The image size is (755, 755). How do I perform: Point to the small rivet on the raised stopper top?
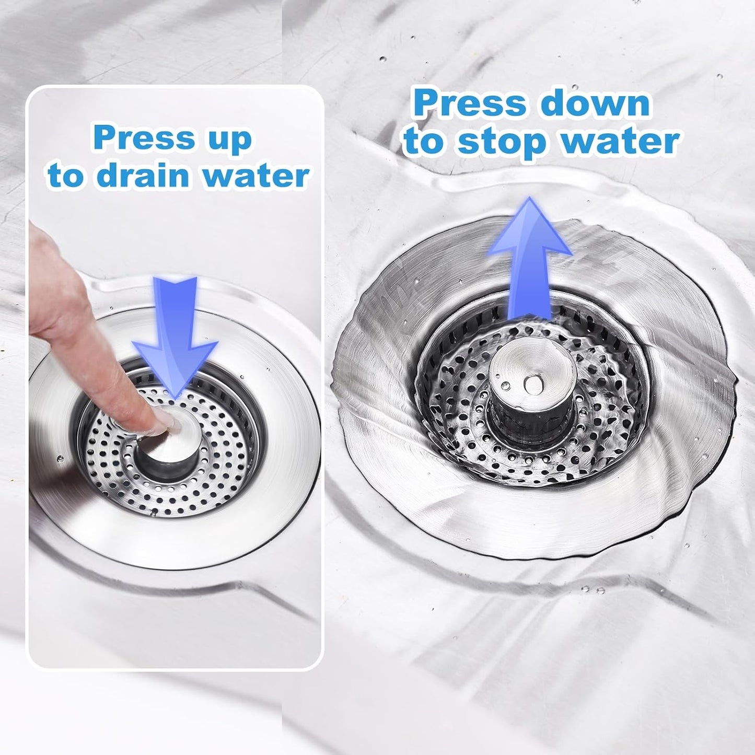pyautogui.click(x=533, y=385)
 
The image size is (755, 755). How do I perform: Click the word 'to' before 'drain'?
pyautogui.click(x=66, y=177)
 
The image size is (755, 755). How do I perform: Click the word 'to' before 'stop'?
pyautogui.click(x=424, y=142)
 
